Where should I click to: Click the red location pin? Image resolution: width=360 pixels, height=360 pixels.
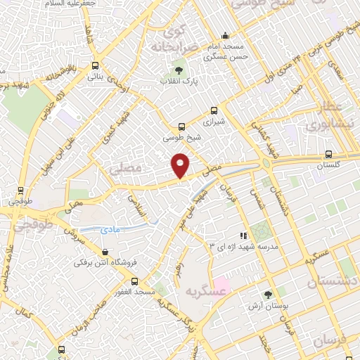[x=181, y=165]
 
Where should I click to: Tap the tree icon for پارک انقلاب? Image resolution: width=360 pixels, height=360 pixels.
[x=179, y=70]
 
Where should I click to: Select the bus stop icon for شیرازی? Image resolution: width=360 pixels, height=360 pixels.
[x=214, y=110]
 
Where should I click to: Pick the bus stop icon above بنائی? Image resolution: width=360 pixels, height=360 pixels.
[x=94, y=68]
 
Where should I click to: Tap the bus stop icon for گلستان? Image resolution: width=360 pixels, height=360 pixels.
[x=328, y=155]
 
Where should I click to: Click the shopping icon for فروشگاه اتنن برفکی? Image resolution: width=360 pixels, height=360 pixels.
[x=105, y=252]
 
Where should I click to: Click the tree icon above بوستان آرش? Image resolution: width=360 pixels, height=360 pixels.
[x=267, y=295]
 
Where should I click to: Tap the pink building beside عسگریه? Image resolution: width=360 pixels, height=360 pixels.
[x=221, y=287]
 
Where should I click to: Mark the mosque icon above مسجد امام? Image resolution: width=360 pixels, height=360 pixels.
[x=225, y=36]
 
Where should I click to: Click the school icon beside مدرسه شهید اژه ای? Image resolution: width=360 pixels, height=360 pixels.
[x=243, y=236]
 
